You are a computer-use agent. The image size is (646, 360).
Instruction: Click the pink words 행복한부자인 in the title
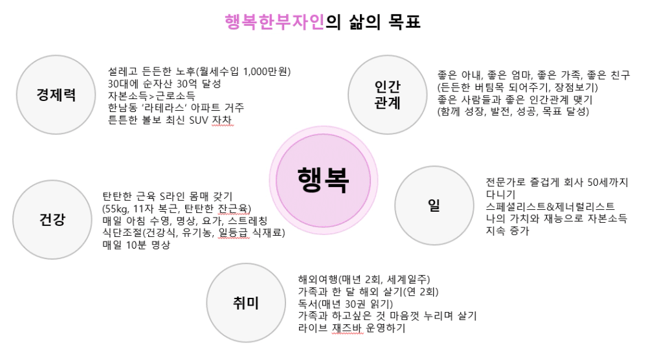point(275,22)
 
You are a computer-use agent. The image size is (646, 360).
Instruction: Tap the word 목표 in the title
point(405,22)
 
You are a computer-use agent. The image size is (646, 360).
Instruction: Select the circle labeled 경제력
point(56,95)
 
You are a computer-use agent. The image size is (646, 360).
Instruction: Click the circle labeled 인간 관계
point(388,95)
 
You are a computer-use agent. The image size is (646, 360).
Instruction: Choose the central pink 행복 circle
point(324,181)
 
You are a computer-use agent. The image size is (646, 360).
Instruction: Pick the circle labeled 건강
point(52,219)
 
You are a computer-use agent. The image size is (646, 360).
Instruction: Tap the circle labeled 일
point(434,205)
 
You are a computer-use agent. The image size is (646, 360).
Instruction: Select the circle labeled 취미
point(246,303)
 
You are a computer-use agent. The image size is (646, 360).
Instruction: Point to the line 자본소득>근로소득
point(151,96)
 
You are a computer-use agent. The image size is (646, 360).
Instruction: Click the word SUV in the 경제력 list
point(199,120)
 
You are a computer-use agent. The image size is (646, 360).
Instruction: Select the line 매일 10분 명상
point(137,245)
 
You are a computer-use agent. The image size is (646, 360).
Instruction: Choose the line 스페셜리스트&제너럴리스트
point(550,207)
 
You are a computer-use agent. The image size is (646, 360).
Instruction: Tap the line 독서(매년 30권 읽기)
point(345,304)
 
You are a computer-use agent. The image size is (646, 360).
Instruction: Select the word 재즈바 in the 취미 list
point(348,328)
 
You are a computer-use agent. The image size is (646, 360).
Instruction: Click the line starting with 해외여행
point(364,280)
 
